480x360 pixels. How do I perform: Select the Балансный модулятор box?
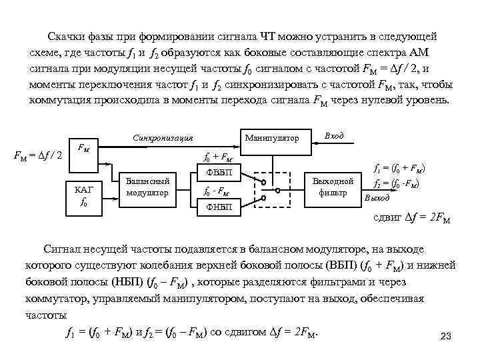147,187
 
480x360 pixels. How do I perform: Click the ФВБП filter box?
219,173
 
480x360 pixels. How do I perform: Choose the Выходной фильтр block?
333,187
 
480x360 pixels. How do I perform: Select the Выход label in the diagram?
377,198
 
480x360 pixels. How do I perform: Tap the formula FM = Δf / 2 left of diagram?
38,155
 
